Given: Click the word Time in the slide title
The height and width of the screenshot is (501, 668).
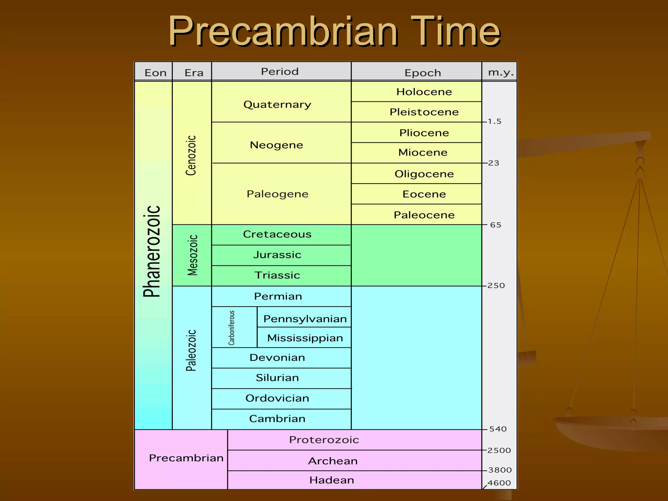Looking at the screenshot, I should (x=455, y=32).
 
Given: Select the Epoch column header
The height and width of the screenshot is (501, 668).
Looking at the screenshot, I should (x=423, y=72).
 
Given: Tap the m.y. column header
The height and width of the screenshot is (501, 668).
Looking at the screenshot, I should (x=500, y=72).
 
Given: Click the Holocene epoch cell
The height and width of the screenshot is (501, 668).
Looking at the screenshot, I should (x=424, y=92).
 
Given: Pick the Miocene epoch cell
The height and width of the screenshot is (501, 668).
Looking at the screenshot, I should (x=423, y=152).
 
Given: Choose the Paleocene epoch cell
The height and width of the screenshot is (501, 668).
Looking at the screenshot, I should (x=424, y=215).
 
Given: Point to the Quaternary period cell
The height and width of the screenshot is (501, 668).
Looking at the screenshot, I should (x=277, y=104).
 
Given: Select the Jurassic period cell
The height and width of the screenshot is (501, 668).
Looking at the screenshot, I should (x=277, y=254).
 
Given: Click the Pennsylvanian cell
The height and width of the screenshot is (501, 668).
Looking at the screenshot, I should (x=305, y=318).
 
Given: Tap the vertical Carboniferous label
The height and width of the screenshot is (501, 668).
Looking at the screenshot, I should (x=232, y=327).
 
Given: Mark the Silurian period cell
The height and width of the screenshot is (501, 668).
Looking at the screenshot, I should (x=277, y=377).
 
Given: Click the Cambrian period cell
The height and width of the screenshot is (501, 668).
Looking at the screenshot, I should (x=277, y=418).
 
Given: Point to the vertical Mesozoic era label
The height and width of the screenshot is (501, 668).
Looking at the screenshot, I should (x=192, y=255).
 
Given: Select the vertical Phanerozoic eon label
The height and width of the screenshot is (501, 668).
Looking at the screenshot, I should (x=152, y=251).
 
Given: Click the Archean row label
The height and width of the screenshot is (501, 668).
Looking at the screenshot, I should (x=333, y=461).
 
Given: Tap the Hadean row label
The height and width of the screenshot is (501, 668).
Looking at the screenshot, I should (x=332, y=480).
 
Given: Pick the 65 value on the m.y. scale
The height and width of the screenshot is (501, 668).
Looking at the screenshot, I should (x=495, y=225).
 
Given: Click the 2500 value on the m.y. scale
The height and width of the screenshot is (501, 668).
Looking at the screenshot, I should (x=499, y=450).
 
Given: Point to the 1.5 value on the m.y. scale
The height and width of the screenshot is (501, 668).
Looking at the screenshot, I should (x=494, y=121).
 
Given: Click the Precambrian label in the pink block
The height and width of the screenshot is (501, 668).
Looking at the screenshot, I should (x=186, y=458).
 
